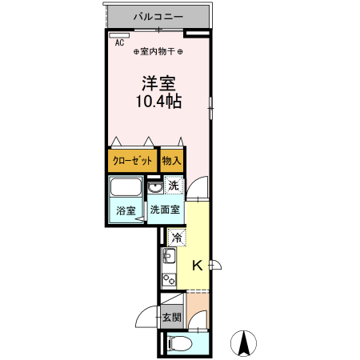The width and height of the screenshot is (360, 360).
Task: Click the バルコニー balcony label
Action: point(158,16)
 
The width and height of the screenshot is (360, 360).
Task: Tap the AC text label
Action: point(119,43)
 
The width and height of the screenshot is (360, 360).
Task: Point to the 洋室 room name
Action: point(158,82)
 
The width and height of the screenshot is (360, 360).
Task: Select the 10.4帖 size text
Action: point(158,102)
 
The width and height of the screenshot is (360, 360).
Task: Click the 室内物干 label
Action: point(158,52)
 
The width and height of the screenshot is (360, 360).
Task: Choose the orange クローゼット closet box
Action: point(132,160)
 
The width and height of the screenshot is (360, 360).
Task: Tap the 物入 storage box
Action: point(172,160)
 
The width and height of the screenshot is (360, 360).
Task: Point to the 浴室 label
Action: point(126,211)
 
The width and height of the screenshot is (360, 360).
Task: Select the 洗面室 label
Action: point(166,210)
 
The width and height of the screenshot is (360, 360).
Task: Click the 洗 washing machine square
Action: point(174,186)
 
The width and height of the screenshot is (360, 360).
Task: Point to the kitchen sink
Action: point(169,258)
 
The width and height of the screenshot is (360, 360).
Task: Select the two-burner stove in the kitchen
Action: point(169,282)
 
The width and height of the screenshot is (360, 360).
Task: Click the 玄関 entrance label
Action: point(172,318)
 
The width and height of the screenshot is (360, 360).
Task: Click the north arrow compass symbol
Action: point(244,343)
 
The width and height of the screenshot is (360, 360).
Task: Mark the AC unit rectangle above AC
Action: point(119,34)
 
